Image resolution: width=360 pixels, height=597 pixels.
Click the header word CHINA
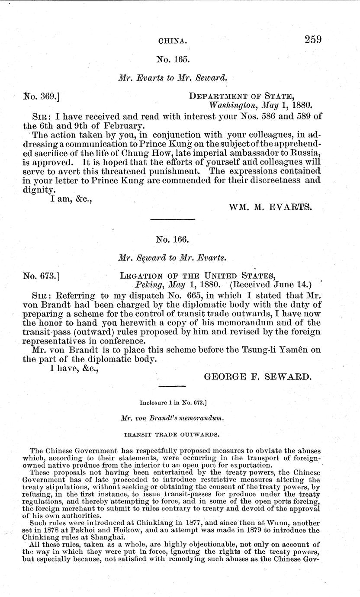click(x=173, y=42)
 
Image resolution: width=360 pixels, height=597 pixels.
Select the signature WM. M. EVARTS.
click(x=270, y=207)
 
